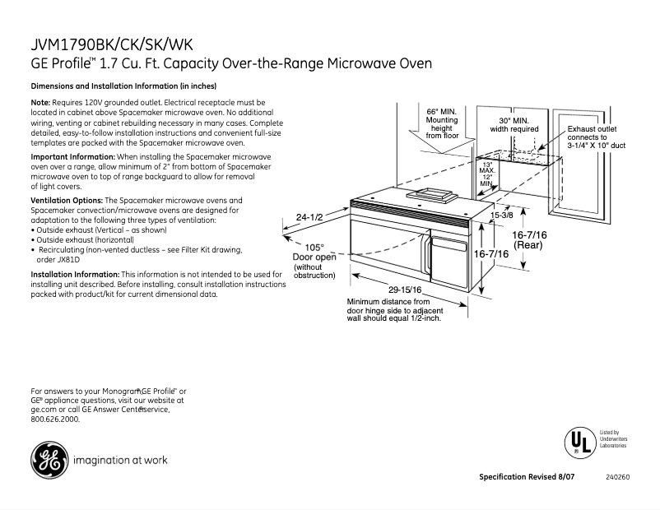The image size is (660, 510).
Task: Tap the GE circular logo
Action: point(48,460)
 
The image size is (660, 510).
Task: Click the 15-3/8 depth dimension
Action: point(502,216)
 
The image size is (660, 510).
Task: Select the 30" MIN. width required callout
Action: point(514,124)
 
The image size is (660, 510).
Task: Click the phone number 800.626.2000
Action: point(55,419)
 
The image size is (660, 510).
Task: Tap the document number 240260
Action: point(617,477)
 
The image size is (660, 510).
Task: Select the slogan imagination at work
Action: point(120,461)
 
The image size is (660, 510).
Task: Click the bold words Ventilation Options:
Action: point(67,200)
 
